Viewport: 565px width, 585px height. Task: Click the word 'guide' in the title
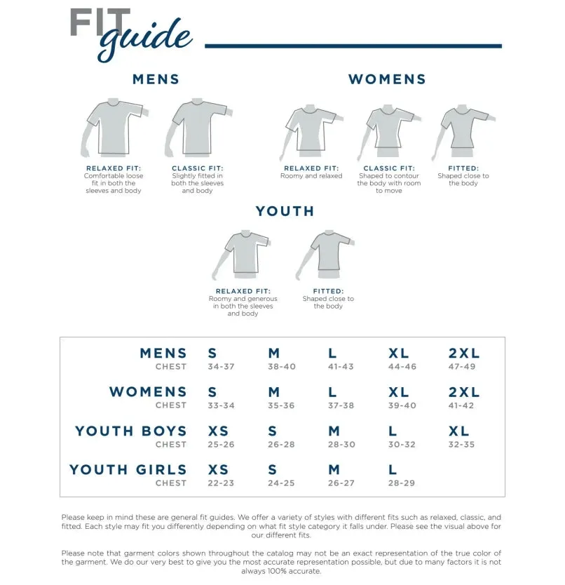[145, 39]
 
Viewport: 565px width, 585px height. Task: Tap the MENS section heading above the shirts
[156, 79]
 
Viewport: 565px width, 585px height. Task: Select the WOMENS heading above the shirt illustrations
[387, 79]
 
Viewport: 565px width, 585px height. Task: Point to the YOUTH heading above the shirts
[285, 211]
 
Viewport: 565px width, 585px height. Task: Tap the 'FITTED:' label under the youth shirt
[328, 291]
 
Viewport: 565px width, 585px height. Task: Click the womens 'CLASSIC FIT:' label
[389, 168]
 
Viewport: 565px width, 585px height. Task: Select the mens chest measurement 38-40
[282, 367]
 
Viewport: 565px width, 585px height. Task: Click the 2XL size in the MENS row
[464, 354]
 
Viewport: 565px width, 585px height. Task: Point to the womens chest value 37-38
[341, 405]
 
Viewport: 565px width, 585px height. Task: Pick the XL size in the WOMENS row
[399, 392]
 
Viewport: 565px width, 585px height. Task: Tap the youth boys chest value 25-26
[222, 445]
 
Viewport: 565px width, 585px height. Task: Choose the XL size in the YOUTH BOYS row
[459, 431]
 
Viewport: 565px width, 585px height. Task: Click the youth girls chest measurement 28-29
[402, 483]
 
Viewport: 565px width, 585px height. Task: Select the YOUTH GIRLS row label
[128, 470]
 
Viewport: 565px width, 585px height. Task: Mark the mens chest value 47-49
[462, 367]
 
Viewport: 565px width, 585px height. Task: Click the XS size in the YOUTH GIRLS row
[219, 470]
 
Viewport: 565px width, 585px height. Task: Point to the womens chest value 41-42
[462, 405]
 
